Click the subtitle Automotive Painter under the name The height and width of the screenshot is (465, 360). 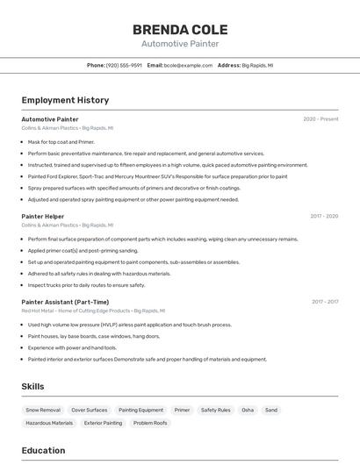pos(179,44)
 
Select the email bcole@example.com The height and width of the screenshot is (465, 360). pos(188,65)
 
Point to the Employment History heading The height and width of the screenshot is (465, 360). pos(65,100)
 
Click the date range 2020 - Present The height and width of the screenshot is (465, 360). pos(320,118)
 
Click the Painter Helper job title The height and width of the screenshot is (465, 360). pos(43,216)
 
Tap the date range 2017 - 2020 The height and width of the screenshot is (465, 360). pos(324,216)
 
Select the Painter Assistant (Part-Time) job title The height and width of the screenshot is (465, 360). pos(65,302)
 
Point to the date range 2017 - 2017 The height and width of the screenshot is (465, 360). pos(324,302)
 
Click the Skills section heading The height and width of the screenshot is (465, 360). pos(33,386)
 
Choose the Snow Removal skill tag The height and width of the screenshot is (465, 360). pos(43,410)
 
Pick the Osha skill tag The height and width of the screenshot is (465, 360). pos(248,410)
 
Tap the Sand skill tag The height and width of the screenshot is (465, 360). pos(271,410)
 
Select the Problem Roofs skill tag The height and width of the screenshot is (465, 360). pos(150,423)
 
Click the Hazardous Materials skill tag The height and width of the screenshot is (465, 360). pos(49,423)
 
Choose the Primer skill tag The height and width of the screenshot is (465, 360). pos(182,410)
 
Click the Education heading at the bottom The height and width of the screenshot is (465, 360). pos(43,451)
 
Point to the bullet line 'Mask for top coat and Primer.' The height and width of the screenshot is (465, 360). pos(61,141)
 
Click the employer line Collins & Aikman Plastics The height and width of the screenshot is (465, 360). pos(50,128)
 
